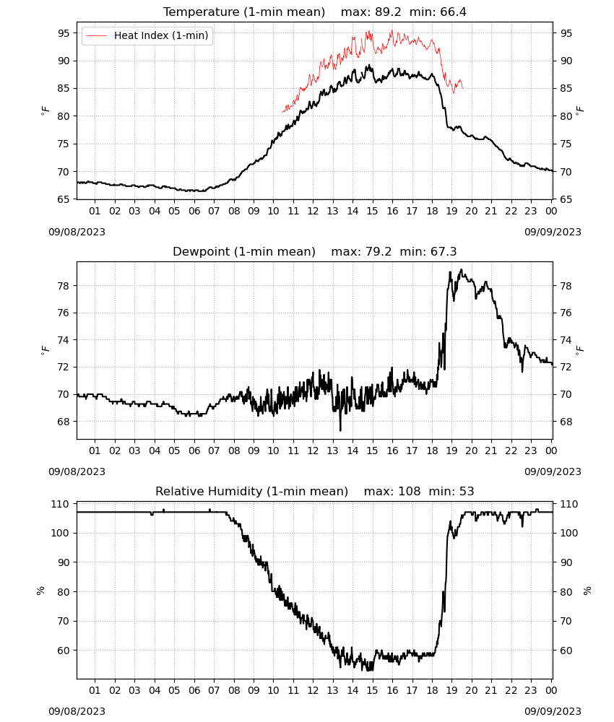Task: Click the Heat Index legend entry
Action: pos(147,35)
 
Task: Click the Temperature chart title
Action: pos(244,12)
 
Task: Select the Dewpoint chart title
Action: pos(244,251)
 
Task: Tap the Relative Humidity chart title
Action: pos(251,491)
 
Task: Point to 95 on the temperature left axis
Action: pos(64,33)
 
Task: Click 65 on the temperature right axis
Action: pos(566,199)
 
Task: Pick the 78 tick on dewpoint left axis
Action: pos(64,286)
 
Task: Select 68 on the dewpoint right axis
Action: pos(566,422)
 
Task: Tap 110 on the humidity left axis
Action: pos(61,504)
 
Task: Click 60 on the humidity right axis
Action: pos(566,651)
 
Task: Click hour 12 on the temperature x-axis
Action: pos(314,211)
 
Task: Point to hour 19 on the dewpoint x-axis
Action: pos(452,451)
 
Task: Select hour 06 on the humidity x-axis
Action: pos(194,691)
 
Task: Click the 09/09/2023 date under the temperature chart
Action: pos(553,232)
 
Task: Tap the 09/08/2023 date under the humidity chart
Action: pos(77,711)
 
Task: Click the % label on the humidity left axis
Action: pos(40,591)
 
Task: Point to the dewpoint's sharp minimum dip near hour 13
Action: pos(340,430)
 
